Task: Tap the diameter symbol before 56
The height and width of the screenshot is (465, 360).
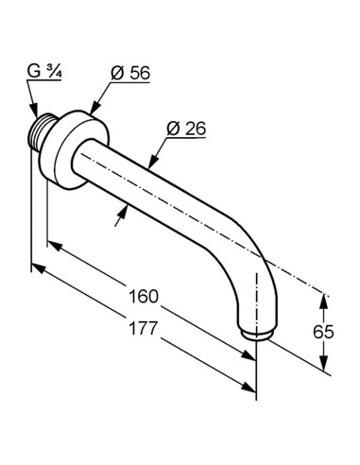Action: [x=117, y=74]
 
